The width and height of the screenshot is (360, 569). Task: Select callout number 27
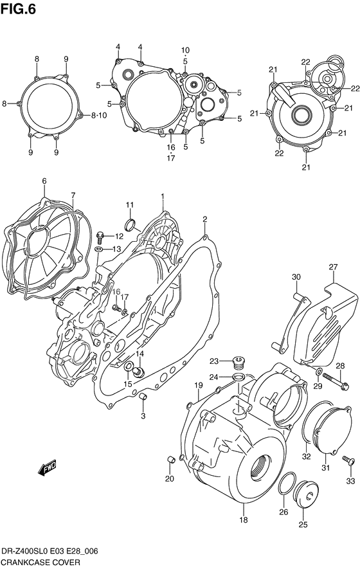tap(333, 267)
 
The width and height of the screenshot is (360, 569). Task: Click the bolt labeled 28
tap(335, 383)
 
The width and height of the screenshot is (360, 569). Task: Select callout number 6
tap(44, 181)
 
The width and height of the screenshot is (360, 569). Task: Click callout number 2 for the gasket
tap(204, 221)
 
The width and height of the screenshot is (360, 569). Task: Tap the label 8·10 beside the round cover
tap(99, 116)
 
